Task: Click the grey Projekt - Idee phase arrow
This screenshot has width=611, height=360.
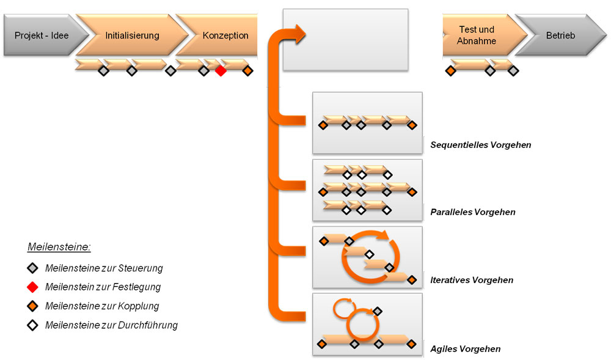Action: [40, 35]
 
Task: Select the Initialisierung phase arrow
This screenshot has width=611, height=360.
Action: [132, 35]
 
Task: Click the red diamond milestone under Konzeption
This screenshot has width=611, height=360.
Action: [221, 72]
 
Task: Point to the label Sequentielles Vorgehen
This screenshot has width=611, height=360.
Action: [480, 145]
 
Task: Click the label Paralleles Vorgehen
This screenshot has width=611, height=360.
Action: [472, 212]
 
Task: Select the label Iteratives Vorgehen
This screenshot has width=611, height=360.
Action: [471, 280]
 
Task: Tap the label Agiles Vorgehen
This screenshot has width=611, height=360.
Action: [465, 349]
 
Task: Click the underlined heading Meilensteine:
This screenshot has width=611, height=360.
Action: [59, 247]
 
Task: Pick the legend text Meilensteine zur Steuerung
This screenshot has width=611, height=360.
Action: [104, 268]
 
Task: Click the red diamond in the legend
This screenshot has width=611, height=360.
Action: [33, 287]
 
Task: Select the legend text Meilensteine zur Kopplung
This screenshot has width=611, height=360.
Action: [102, 306]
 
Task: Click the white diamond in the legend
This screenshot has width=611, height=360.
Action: [33, 325]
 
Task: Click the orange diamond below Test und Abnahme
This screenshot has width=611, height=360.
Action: [450, 71]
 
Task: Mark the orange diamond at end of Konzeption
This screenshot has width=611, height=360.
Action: [247, 72]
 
